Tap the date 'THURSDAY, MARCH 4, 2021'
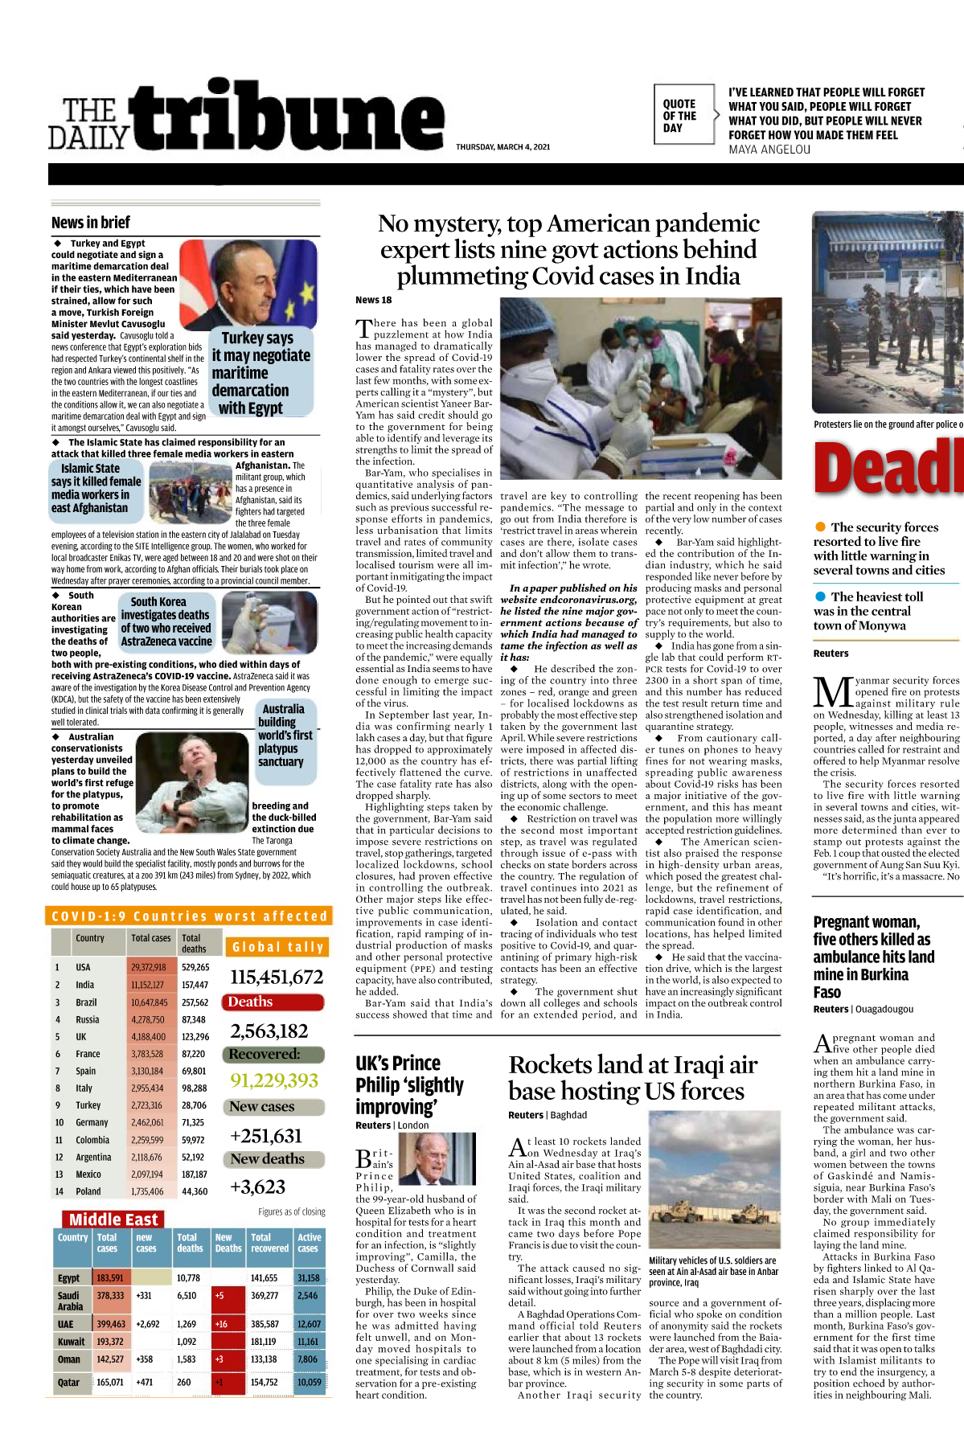503,147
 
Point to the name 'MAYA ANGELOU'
769,150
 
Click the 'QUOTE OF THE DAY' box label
679,116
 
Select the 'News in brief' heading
90,223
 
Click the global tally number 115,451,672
277,977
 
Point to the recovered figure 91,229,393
274,1080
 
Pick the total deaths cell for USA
195,967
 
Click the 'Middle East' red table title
113,1219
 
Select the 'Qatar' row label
68,1382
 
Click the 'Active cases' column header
309,1243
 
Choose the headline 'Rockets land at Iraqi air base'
633,1077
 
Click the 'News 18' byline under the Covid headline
373,300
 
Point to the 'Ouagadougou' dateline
884,1009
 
